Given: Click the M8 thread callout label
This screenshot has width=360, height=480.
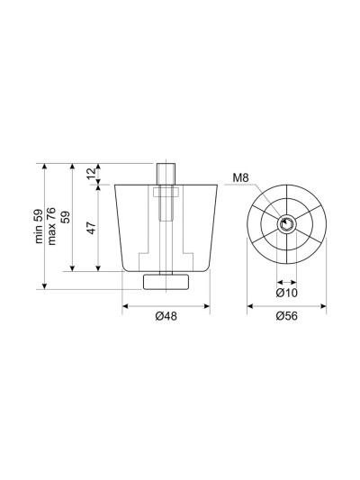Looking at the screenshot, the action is [x=240, y=177].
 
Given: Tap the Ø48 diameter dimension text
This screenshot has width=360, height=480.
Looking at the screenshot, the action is [x=166, y=316].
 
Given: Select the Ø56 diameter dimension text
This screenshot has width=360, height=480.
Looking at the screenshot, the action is [x=286, y=316].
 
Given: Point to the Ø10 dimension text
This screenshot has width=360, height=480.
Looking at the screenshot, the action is [x=286, y=293].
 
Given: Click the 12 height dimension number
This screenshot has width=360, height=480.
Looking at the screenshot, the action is [x=91, y=174].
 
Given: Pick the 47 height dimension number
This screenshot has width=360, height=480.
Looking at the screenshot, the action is [x=92, y=228].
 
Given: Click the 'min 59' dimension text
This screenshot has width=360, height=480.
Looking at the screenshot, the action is [x=39, y=226].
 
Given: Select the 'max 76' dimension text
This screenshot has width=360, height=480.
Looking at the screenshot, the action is [x=51, y=226].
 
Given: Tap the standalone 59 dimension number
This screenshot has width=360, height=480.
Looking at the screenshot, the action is [x=65, y=217].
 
